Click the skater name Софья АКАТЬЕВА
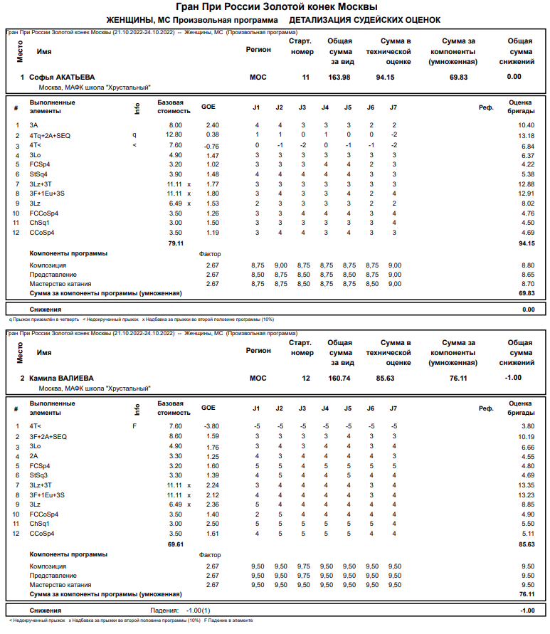pos(62,77)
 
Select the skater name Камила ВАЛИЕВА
pos(61,378)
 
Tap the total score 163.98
pos(339,77)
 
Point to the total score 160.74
pos(339,378)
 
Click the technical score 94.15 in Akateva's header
pos(386,77)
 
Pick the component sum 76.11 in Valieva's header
pos(458,378)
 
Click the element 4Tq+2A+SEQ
pos(50,135)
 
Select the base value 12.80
pos(174,135)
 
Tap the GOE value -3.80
pos(211,426)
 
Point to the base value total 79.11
pos(175,243)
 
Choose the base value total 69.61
pos(175,544)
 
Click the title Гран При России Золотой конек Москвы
pos(274,7)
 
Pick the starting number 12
pos(306,378)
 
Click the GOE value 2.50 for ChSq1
pos(212,524)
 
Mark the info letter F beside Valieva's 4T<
pos(134,426)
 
